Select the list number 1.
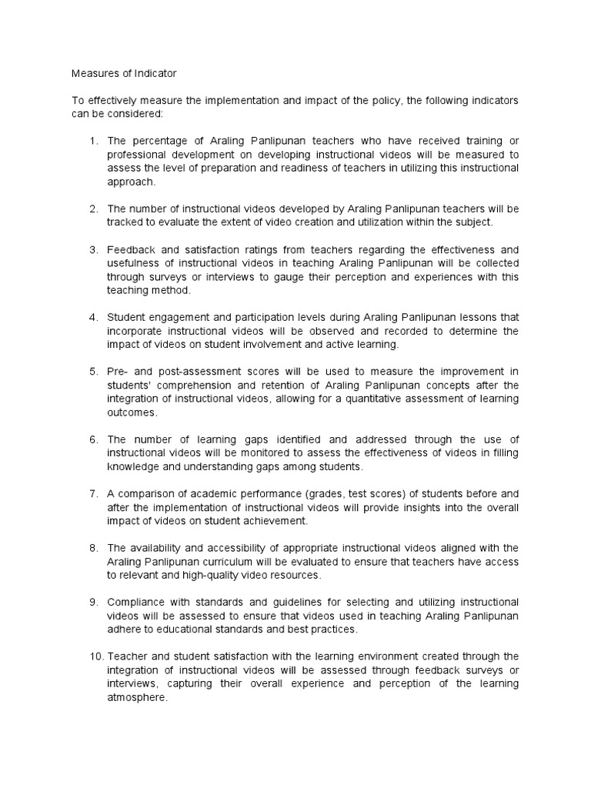93,141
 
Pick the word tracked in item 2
125,222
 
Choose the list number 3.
93,249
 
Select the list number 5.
93,371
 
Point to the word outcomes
132,412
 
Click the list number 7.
93,493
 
